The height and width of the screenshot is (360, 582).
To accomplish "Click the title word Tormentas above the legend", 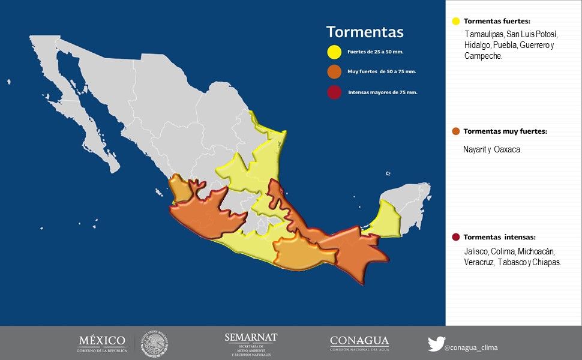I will tap(364, 32).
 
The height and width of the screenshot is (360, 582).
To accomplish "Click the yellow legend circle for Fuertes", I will tap(334, 52).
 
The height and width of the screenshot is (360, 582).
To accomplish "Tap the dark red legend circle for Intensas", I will tap(334, 92).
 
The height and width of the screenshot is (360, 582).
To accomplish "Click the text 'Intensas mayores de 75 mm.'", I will tap(382, 93).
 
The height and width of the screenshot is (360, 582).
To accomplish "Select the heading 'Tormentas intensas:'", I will tap(499, 237).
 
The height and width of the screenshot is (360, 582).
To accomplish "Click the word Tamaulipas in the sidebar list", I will tap(484, 34).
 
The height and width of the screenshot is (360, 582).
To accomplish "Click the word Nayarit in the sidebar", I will tap(475, 149).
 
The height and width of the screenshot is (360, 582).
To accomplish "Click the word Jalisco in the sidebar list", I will tap(476, 251).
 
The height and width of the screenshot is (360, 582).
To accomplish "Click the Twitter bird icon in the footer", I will tap(436, 344).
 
